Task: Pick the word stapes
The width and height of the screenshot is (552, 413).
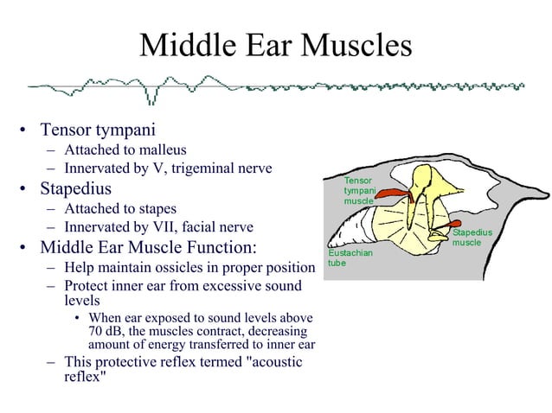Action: (x=157, y=208)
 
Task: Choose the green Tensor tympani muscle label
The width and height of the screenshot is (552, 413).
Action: (x=359, y=190)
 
